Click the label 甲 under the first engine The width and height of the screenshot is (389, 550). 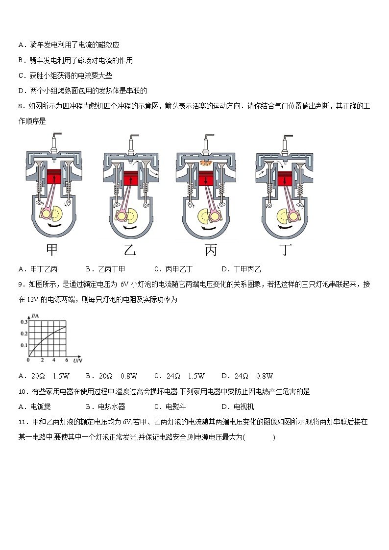[x=51, y=250]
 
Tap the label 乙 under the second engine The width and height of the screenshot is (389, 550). [x=129, y=250]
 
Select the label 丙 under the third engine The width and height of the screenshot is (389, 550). [x=211, y=250]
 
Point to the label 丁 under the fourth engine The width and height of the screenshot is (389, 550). [x=286, y=250]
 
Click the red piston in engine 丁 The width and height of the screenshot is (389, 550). [x=285, y=179]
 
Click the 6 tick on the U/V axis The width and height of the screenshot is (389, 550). [x=67, y=360]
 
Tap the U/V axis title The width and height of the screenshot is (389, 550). [x=77, y=361]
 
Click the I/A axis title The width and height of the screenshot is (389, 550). [x=35, y=316]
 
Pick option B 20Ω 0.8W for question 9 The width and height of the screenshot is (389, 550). [x=111, y=376]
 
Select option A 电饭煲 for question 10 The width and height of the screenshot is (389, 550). [x=34, y=407]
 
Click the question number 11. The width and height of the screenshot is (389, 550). [x=22, y=422]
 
